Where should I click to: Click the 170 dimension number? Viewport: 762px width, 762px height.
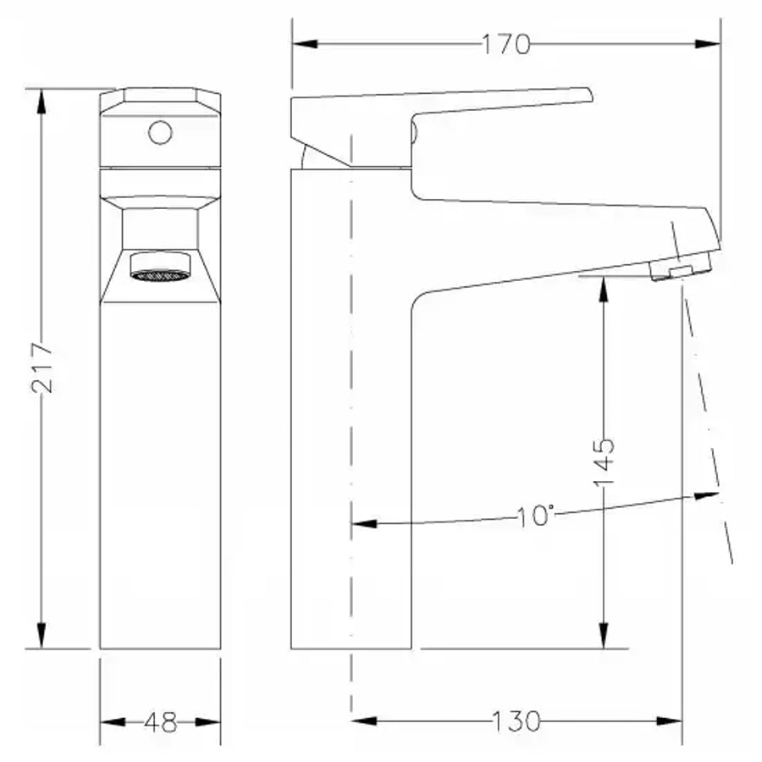coord(505,44)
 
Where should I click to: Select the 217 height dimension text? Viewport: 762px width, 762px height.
coord(41,367)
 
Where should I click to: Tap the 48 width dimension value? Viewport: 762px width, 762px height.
coord(160,722)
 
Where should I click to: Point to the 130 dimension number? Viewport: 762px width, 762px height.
coord(516,721)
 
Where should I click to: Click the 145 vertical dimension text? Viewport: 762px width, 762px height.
coord(604,462)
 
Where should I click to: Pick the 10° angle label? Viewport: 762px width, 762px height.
coord(534,516)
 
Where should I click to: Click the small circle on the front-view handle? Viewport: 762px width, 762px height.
coord(160,132)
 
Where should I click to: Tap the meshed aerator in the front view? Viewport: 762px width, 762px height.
coord(160,275)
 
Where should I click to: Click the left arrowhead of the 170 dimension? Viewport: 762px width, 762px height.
coord(305,44)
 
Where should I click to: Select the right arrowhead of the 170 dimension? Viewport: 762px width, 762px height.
coord(708,44)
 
